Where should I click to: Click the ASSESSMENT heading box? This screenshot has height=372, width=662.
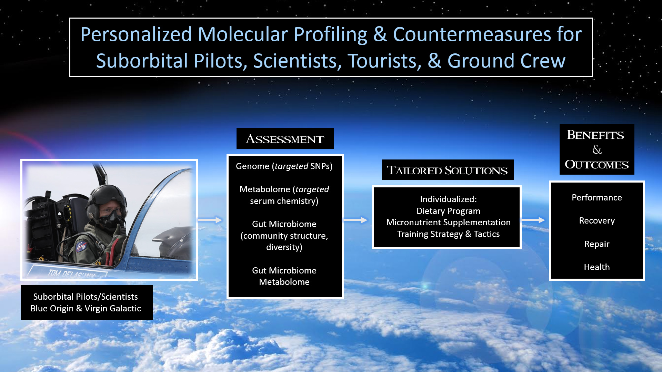pyautogui.click(x=285, y=138)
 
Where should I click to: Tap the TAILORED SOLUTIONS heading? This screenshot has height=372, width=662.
pyautogui.click(x=448, y=170)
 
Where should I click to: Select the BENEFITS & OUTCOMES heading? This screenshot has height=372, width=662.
pyautogui.click(x=597, y=149)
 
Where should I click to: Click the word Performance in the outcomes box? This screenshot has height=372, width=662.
pyautogui.click(x=597, y=197)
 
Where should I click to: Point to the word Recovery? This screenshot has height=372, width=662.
pyautogui.click(x=597, y=220)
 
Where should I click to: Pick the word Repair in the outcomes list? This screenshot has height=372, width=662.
pyautogui.click(x=597, y=244)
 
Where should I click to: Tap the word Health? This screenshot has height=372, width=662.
pyautogui.click(x=597, y=267)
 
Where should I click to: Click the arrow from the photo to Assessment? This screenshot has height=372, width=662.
pyautogui.click(x=210, y=220)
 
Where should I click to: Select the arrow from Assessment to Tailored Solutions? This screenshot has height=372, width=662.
pyautogui.click(x=355, y=220)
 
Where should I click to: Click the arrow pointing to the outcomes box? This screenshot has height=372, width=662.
pyautogui.click(x=533, y=220)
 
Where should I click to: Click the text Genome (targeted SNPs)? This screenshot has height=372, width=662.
pyautogui.click(x=284, y=166)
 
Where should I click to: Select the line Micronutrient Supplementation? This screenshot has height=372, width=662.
pyautogui.click(x=448, y=223)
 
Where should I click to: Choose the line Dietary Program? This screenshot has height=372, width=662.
pyautogui.click(x=448, y=211)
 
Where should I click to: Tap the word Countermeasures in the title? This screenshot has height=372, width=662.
pyautogui.click(x=472, y=34)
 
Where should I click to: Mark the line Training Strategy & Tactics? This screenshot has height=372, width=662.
pyautogui.click(x=448, y=234)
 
